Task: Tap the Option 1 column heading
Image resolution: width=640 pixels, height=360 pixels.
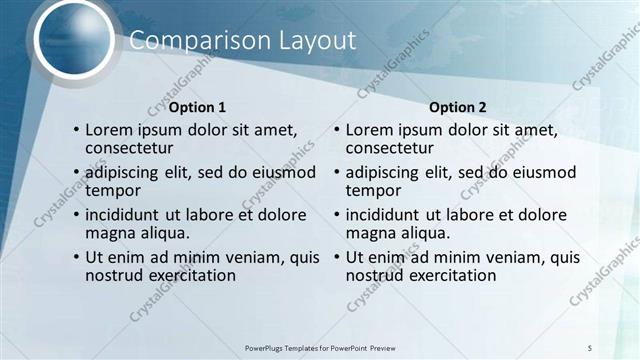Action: click(197, 107)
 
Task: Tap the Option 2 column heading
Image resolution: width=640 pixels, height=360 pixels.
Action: click(458, 107)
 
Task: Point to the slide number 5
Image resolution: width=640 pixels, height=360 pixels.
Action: click(590, 346)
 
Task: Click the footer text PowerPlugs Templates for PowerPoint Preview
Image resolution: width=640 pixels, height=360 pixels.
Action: click(319, 347)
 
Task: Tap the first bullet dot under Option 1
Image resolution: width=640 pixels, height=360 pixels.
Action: click(76, 130)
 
